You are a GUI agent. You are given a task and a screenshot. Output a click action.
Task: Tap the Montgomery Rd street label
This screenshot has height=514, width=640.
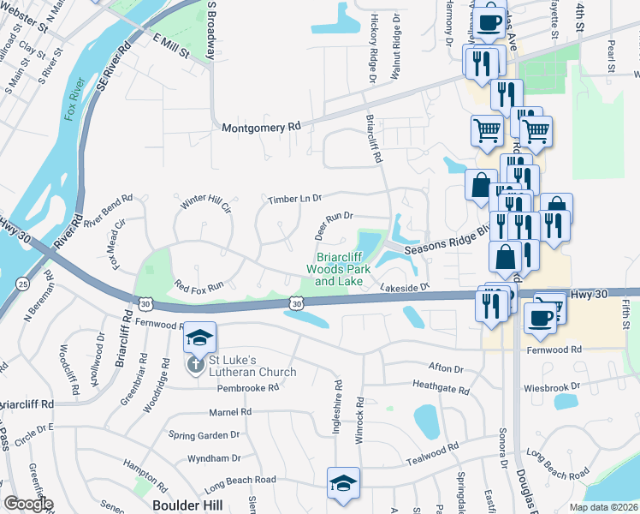pyautogui.click(x=261, y=127)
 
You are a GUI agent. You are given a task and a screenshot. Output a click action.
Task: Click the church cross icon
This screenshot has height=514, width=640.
pyautogui.click(x=195, y=365)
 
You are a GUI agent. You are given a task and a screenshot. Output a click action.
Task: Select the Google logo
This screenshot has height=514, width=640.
pyautogui.click(x=28, y=504)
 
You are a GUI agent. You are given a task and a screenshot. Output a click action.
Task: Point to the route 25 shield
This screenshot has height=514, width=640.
pyautogui.click(x=22, y=284)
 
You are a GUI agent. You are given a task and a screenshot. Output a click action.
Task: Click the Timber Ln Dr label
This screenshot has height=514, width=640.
pyautogui.click(x=293, y=199)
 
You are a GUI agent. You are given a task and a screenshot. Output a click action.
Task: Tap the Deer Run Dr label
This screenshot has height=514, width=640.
pyautogui.click(x=333, y=225)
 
